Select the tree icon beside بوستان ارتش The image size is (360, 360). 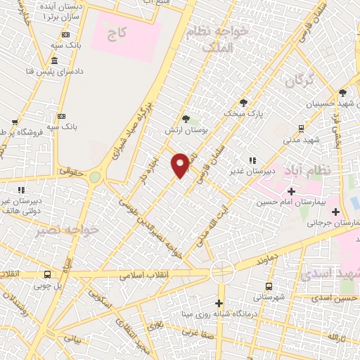pos(186,119)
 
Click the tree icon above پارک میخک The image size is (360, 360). pos(243,102)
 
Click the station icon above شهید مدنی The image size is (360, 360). pos(301,128)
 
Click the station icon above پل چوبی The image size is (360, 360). pos(37,275)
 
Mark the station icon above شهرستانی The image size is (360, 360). pos(269,286)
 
